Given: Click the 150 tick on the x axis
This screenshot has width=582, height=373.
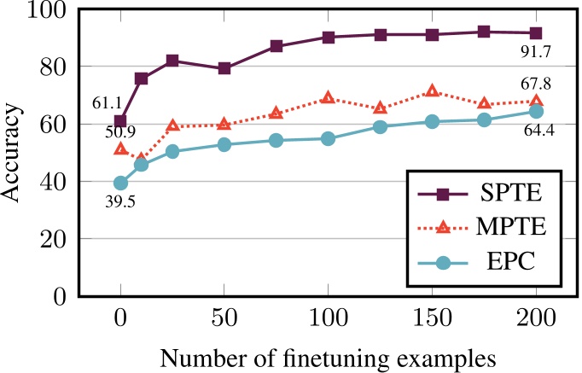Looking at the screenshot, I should click(432, 318).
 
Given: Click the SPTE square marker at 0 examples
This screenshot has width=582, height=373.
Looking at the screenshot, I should click(120, 121).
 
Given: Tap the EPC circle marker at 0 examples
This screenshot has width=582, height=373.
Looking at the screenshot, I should click(120, 183).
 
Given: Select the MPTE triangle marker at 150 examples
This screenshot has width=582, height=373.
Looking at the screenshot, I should click(432, 90).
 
